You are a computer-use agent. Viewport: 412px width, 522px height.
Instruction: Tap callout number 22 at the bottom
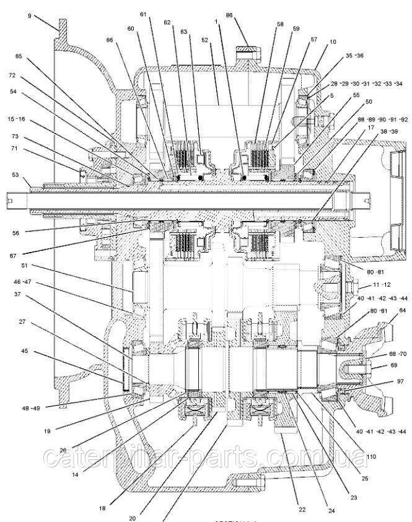tap(302, 509)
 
